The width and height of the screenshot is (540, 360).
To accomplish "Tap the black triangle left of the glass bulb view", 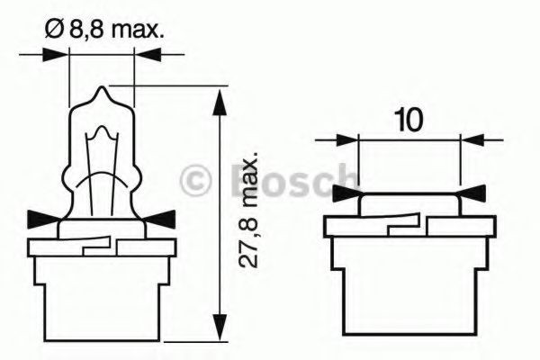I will (x=39, y=216).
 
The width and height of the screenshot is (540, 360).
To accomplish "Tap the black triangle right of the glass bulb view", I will (x=161, y=216).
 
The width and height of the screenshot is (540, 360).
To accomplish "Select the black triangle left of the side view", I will (x=344, y=193).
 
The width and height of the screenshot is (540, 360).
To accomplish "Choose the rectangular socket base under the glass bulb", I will (x=100, y=288).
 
